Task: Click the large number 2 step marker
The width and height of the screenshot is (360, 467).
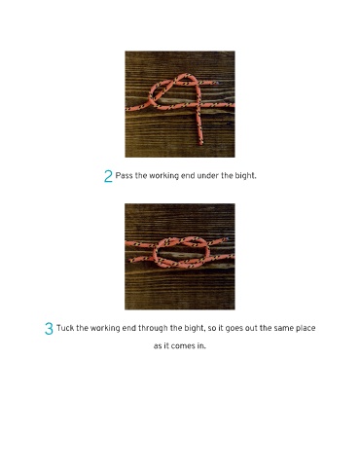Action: click(x=108, y=176)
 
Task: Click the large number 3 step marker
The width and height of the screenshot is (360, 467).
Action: click(x=49, y=329)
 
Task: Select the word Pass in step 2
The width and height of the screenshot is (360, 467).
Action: click(x=124, y=176)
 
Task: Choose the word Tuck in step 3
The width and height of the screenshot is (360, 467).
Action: click(x=65, y=328)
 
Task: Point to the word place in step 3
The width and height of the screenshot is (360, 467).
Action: click(x=306, y=328)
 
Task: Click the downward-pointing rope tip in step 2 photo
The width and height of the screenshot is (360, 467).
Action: click(x=200, y=143)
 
